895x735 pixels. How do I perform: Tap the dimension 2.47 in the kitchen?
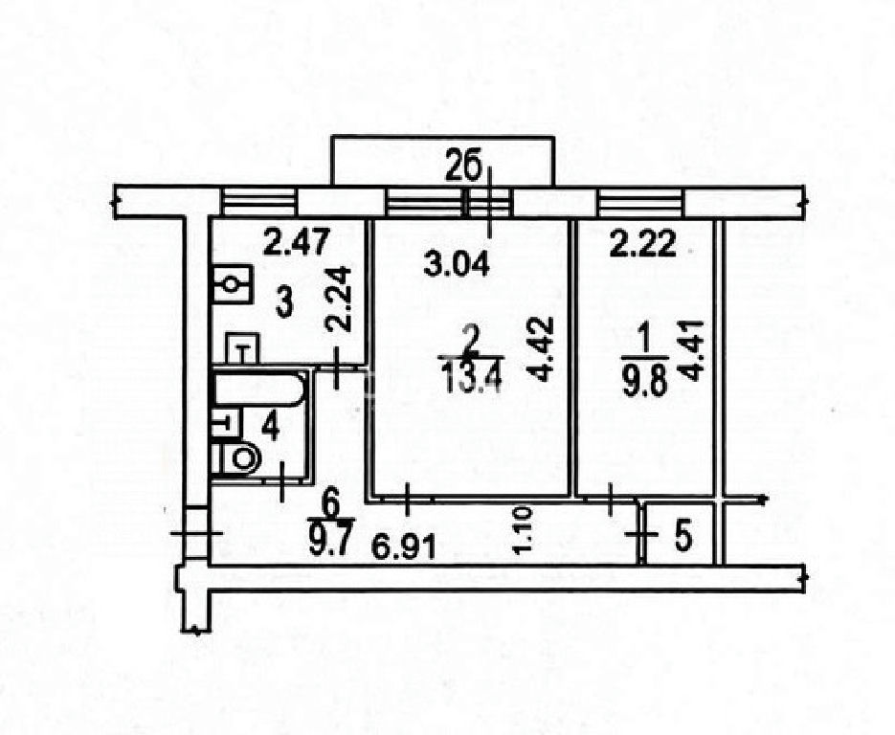coord(296,241)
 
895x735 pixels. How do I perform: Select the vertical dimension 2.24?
coord(338,299)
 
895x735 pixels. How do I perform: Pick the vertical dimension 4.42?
coord(540,348)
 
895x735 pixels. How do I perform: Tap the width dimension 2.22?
coord(643,244)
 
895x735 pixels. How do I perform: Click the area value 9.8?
coord(645,384)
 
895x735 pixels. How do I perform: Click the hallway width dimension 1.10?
coord(523,530)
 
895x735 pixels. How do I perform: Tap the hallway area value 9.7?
coord(330,542)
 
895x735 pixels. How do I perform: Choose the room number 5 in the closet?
coord(683,536)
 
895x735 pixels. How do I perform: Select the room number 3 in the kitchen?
coord(283,303)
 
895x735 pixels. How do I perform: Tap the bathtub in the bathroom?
coord(258,390)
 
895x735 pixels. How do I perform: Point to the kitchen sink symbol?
coord(233,283)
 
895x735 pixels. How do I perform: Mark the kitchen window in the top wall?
coord(259,201)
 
